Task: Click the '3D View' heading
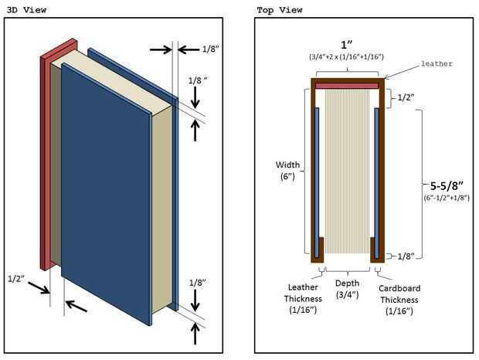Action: (26, 9)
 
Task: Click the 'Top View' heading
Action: (278, 9)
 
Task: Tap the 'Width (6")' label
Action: (289, 170)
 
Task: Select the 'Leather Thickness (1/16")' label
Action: (297, 299)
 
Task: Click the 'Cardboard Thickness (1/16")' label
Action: (399, 299)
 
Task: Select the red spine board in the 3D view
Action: (45, 155)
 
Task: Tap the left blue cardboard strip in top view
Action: (318, 178)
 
